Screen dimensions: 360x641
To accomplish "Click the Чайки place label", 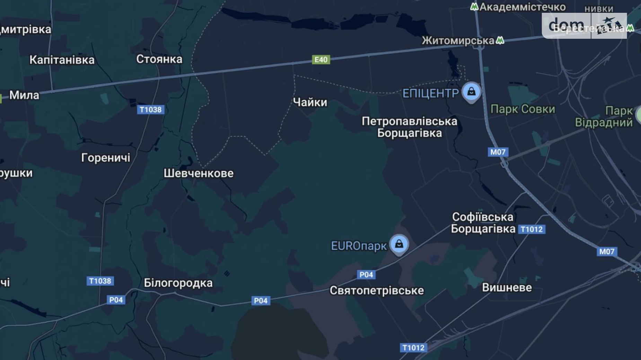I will [x=310, y=102].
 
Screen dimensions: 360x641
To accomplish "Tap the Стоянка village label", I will [x=159, y=59].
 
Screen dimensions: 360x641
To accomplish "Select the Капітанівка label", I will [x=62, y=60].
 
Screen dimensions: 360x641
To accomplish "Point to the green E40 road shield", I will [x=321, y=60].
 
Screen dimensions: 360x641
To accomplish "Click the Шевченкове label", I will [x=198, y=173].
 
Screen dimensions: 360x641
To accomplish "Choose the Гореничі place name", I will [x=105, y=158].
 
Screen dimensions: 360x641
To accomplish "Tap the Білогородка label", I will [x=178, y=283].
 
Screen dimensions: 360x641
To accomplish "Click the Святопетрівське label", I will [x=376, y=290].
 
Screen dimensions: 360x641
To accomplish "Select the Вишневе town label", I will [x=507, y=287].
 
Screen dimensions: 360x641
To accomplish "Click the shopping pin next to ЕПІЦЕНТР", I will [x=471, y=92].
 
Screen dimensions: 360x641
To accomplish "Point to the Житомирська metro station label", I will [x=458, y=41].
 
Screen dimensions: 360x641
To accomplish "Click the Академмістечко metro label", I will [x=522, y=7].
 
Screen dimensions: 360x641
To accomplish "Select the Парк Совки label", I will [x=523, y=109].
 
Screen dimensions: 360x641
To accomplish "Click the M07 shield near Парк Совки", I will [x=498, y=152].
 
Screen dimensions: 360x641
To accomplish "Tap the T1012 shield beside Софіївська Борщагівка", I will [x=532, y=229].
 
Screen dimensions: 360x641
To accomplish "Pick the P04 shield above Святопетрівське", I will [x=366, y=274].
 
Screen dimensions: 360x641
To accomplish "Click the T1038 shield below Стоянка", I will [x=150, y=110].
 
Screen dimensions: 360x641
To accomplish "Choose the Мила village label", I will [x=24, y=95].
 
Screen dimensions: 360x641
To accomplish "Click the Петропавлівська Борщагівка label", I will [x=409, y=127].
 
